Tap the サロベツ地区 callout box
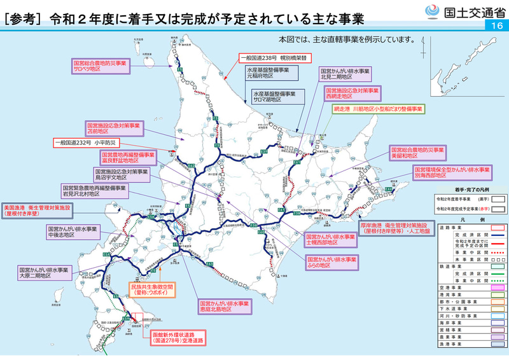click(100, 67)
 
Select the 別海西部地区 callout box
click(451, 173)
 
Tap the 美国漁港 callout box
click(38, 211)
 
